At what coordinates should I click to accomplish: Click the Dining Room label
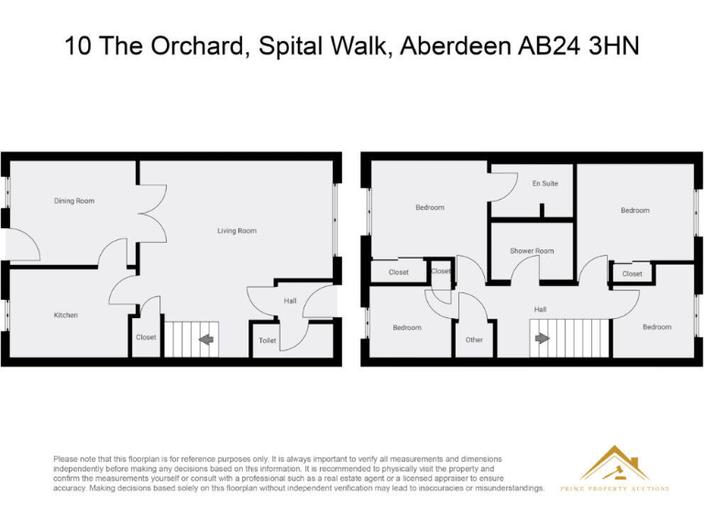[x=74, y=201]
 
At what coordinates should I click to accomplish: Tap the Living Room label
[x=236, y=231]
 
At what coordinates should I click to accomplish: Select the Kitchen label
[x=65, y=315]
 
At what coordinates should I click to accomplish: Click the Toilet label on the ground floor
[x=267, y=340]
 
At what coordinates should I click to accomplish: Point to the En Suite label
[x=544, y=183]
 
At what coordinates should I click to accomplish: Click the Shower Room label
[x=532, y=251]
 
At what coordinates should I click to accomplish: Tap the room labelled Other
[x=474, y=340]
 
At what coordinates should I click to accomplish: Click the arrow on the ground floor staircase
[x=205, y=339]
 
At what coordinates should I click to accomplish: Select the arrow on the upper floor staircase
[x=542, y=337]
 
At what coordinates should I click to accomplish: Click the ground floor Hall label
[x=290, y=301]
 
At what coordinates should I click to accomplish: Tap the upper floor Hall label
[x=541, y=310]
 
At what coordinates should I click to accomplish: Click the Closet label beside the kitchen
[x=146, y=337]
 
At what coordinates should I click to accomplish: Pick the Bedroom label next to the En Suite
[x=429, y=207]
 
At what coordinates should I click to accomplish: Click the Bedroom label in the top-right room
[x=634, y=211]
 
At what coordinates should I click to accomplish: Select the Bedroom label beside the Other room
[x=407, y=328]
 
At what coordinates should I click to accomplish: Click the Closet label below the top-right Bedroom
[x=632, y=274]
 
